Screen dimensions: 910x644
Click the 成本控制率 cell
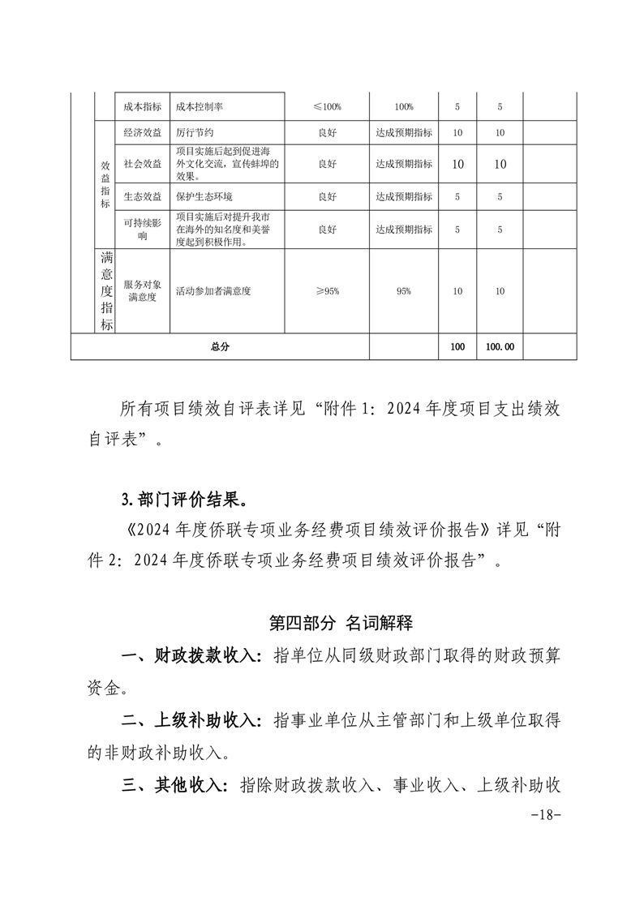[x=200, y=107]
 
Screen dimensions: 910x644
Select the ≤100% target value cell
[x=327, y=107]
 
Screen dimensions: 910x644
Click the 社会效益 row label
[x=142, y=164]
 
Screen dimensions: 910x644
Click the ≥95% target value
[x=327, y=291]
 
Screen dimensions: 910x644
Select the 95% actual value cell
[x=403, y=291]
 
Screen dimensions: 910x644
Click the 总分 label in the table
[x=219, y=346]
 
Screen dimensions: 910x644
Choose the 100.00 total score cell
[x=500, y=346]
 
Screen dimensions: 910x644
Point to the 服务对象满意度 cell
[x=142, y=291]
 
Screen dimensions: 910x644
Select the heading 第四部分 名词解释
[x=341, y=623]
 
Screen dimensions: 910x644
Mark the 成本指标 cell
[x=142, y=107]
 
